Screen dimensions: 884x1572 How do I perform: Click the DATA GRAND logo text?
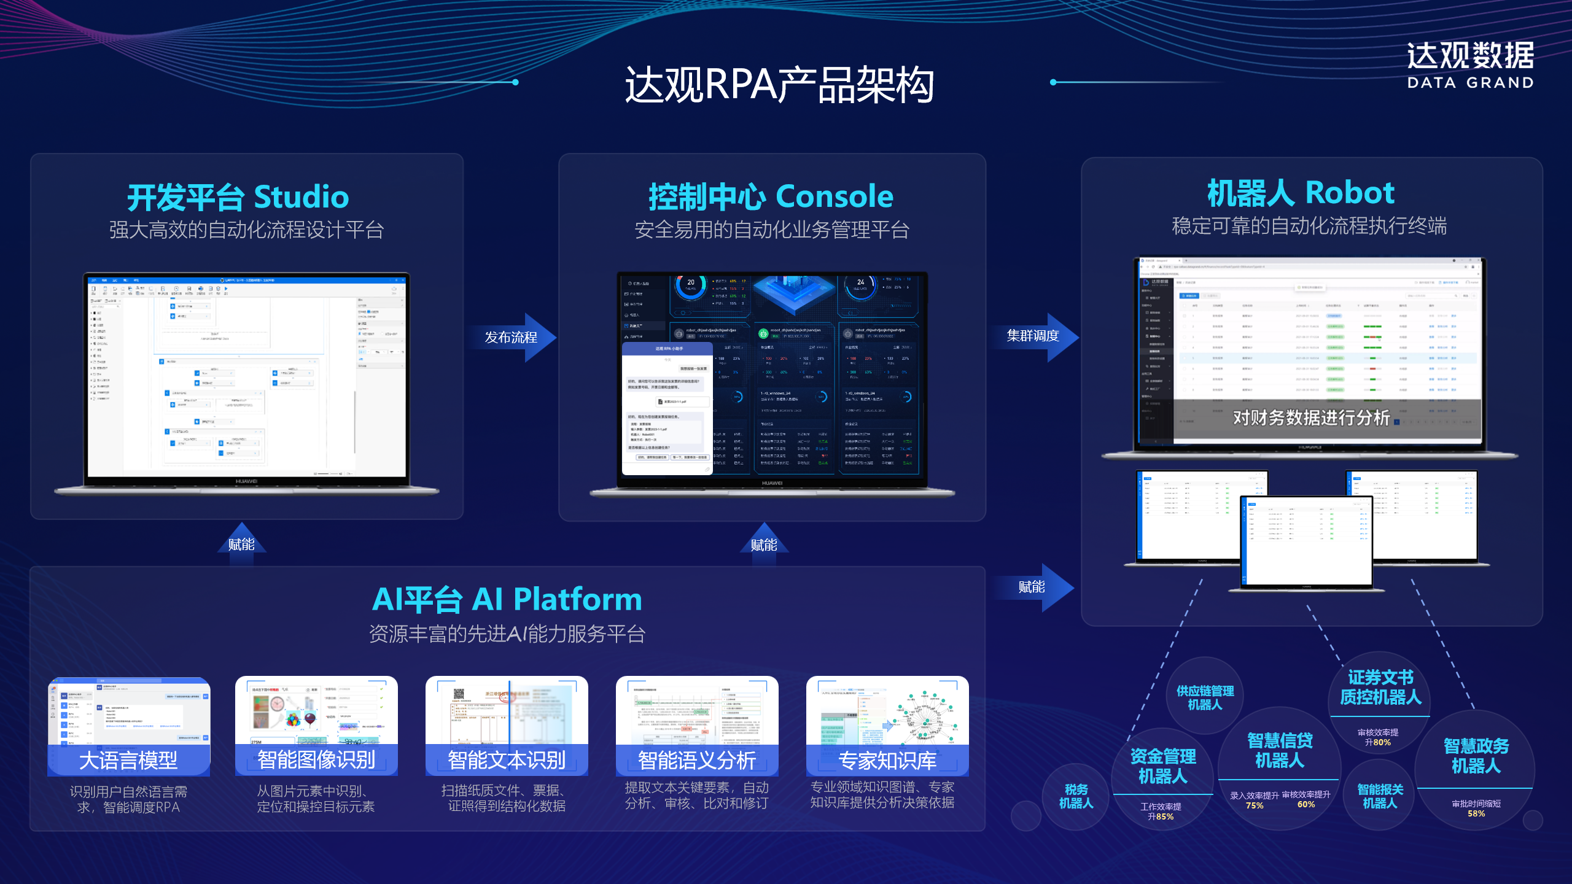point(1470,83)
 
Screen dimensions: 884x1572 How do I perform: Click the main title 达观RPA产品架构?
point(779,85)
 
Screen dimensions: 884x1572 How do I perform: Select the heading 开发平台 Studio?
point(238,197)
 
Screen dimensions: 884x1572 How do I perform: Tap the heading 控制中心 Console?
point(771,196)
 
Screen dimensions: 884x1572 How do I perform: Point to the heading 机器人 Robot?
point(1301,193)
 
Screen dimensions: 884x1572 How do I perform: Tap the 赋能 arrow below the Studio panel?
point(241,543)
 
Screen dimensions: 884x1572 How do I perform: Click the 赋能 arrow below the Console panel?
point(764,543)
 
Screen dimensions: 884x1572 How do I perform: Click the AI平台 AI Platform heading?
point(507,599)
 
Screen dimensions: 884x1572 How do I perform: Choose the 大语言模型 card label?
point(128,761)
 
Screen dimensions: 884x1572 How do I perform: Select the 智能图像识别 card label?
point(316,760)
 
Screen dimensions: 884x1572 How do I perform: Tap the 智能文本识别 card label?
point(507,760)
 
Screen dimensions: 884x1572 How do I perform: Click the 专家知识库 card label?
point(887,761)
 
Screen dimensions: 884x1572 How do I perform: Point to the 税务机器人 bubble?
point(1076,796)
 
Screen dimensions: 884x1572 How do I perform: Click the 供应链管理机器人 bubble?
point(1205,697)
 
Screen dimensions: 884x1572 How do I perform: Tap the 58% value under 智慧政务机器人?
point(1476,813)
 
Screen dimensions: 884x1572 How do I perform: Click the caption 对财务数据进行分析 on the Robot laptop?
point(1311,418)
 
